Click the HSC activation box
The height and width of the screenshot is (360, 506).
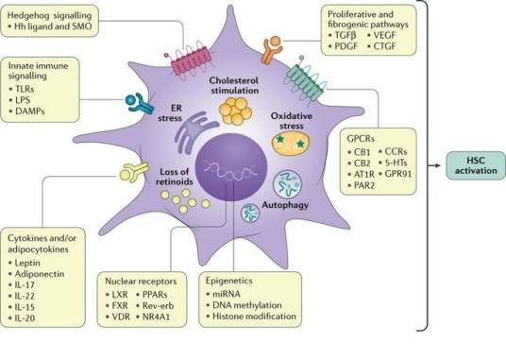point(476,165)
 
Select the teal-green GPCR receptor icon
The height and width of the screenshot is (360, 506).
point(305,80)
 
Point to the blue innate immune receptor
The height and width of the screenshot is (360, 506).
point(140,103)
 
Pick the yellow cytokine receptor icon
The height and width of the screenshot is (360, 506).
point(134,172)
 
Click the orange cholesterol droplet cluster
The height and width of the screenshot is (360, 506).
point(235,111)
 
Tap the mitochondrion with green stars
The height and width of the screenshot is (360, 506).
point(291,144)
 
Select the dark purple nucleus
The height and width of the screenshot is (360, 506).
point(231,166)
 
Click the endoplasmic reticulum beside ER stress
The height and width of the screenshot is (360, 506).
point(193,132)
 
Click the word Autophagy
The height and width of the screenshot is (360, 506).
point(285,205)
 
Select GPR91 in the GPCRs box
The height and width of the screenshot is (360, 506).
point(398,174)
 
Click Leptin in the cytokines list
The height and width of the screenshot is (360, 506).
point(27,263)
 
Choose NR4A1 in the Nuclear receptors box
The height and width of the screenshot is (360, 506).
point(156,317)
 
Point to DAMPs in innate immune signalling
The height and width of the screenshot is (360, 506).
point(30,111)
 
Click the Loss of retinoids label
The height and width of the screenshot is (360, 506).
point(175,177)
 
